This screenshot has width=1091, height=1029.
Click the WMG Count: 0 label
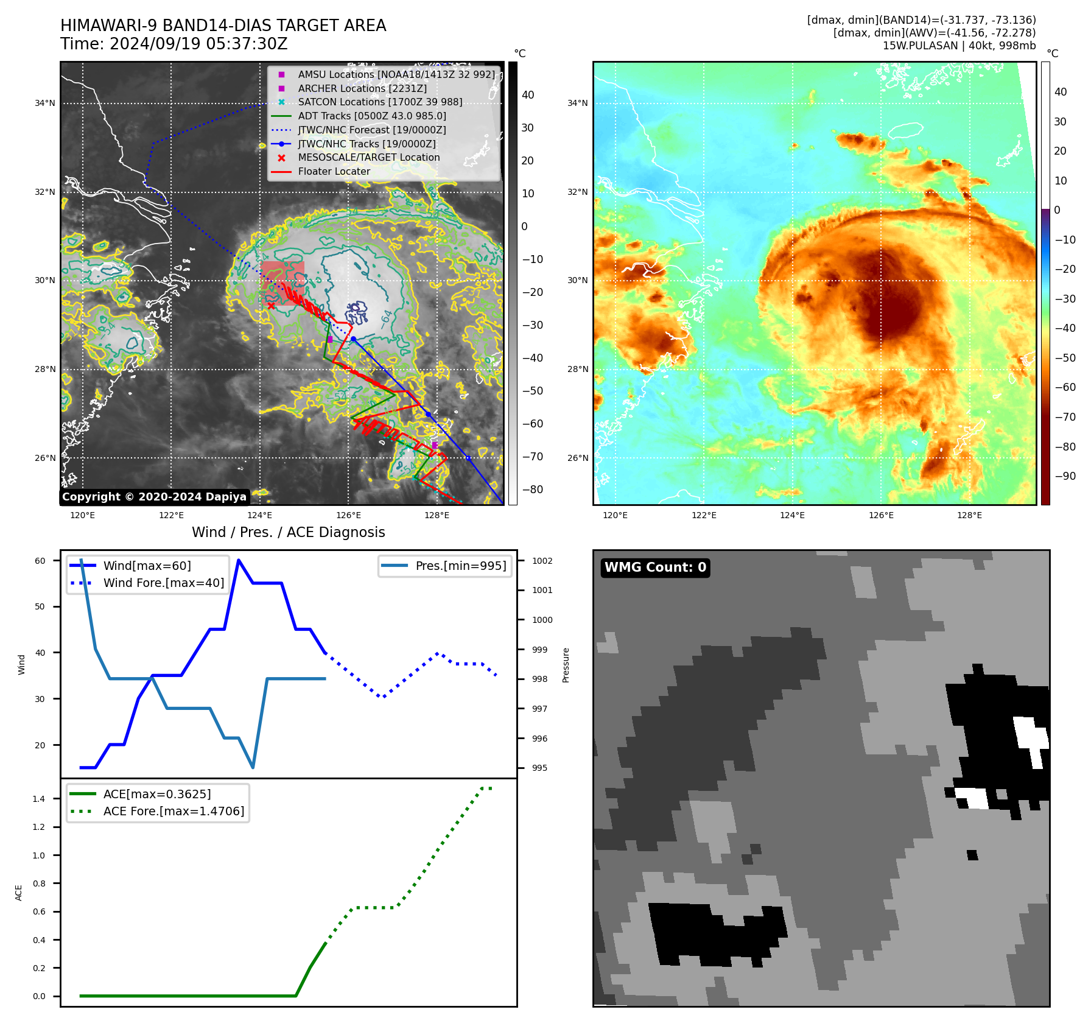(x=655, y=567)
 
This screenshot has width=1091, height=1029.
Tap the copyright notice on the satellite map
(x=154, y=497)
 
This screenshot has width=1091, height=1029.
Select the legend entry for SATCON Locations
(x=380, y=102)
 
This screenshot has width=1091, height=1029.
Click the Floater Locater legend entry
(x=334, y=171)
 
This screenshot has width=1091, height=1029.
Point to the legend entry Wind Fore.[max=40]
(x=163, y=583)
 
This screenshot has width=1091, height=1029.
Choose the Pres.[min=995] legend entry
(x=460, y=566)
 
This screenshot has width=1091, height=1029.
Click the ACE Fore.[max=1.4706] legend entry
(x=174, y=811)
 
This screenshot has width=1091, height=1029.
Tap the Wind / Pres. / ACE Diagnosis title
(x=288, y=532)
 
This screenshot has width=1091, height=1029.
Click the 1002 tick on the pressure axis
(x=542, y=561)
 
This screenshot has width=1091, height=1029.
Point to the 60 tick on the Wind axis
(x=40, y=561)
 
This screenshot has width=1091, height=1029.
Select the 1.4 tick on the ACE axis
(x=39, y=799)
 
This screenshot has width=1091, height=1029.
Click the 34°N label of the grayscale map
(x=45, y=104)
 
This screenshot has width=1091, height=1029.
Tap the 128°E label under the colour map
(x=969, y=515)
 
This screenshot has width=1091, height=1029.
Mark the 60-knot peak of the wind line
(x=239, y=560)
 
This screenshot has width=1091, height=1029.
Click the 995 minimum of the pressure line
(x=253, y=767)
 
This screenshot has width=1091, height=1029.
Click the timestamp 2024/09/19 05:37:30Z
(x=198, y=44)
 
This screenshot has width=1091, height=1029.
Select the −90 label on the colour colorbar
(x=1065, y=476)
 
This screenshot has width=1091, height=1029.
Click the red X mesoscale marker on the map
(x=271, y=306)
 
